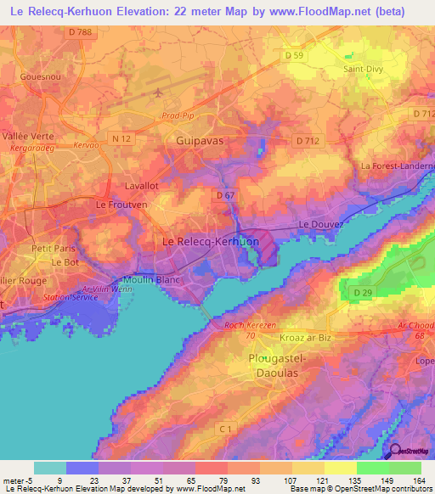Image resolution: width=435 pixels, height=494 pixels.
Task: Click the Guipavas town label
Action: [x=199, y=138]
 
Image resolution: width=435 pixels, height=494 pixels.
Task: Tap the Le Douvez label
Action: [x=320, y=223]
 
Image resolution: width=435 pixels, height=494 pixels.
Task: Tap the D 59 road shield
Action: [x=295, y=56]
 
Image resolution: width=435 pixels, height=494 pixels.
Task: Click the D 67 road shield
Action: [x=225, y=196]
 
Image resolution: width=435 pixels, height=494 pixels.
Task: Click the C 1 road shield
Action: [x=247, y=429]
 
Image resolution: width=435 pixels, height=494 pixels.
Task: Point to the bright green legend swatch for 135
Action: [x=373, y=468]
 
